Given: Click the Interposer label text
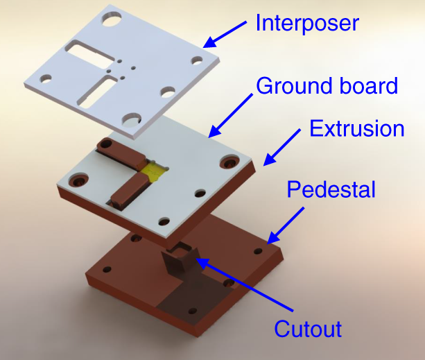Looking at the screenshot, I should pos(306,23).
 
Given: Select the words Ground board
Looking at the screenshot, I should pos(327,86).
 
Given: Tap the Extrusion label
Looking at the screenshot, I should pos(356,128).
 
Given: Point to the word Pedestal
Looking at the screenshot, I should pos(331,188).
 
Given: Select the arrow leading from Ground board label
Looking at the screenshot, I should pos(229,114).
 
